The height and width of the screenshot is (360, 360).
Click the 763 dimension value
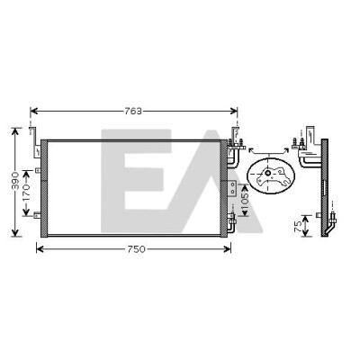(x=133, y=112)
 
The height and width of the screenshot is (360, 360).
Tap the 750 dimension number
(x=136, y=249)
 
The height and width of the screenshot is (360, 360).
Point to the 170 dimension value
(x=26, y=193)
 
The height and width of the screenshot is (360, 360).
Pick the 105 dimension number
(x=245, y=201)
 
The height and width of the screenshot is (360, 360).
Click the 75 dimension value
(x=298, y=226)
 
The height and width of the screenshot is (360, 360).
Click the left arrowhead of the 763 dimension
(x=33, y=112)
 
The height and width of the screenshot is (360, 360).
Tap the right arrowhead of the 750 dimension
(x=228, y=249)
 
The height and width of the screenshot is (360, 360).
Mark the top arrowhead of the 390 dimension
(x=15, y=131)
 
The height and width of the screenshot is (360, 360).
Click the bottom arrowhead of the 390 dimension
(x=15, y=233)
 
